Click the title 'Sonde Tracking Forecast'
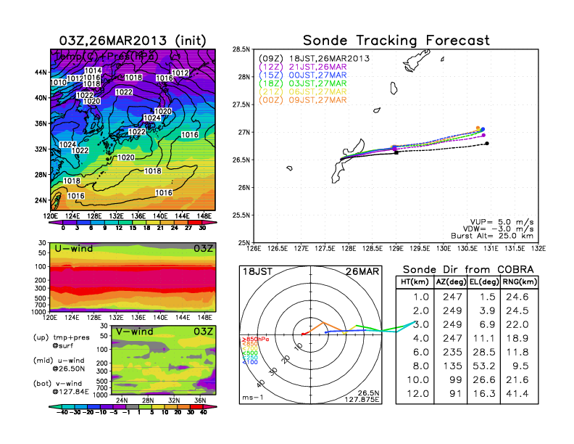click(x=396, y=40)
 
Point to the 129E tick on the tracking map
click(x=396, y=249)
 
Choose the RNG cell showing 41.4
click(x=518, y=393)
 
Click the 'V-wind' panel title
click(x=138, y=330)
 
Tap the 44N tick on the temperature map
click(x=40, y=72)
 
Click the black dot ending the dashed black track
click(x=487, y=144)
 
